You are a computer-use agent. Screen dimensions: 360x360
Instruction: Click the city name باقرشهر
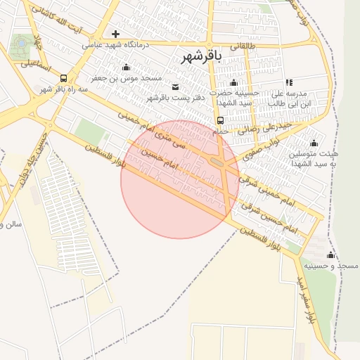pyautogui.click(x=200, y=56)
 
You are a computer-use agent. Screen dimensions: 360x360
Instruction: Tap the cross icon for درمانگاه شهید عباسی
pyautogui.click(x=115, y=34)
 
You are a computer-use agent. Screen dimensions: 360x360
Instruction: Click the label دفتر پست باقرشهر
pyautogui.click(x=175, y=98)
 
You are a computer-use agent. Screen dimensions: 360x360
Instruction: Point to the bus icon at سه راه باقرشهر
pyautogui.click(x=64, y=79)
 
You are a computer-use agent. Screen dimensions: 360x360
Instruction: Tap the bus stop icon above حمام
pyautogui.click(x=221, y=120)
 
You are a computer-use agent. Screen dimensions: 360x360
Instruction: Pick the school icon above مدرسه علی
pyautogui.click(x=289, y=82)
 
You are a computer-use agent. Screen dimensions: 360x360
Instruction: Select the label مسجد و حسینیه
pyautogui.click(x=337, y=266)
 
